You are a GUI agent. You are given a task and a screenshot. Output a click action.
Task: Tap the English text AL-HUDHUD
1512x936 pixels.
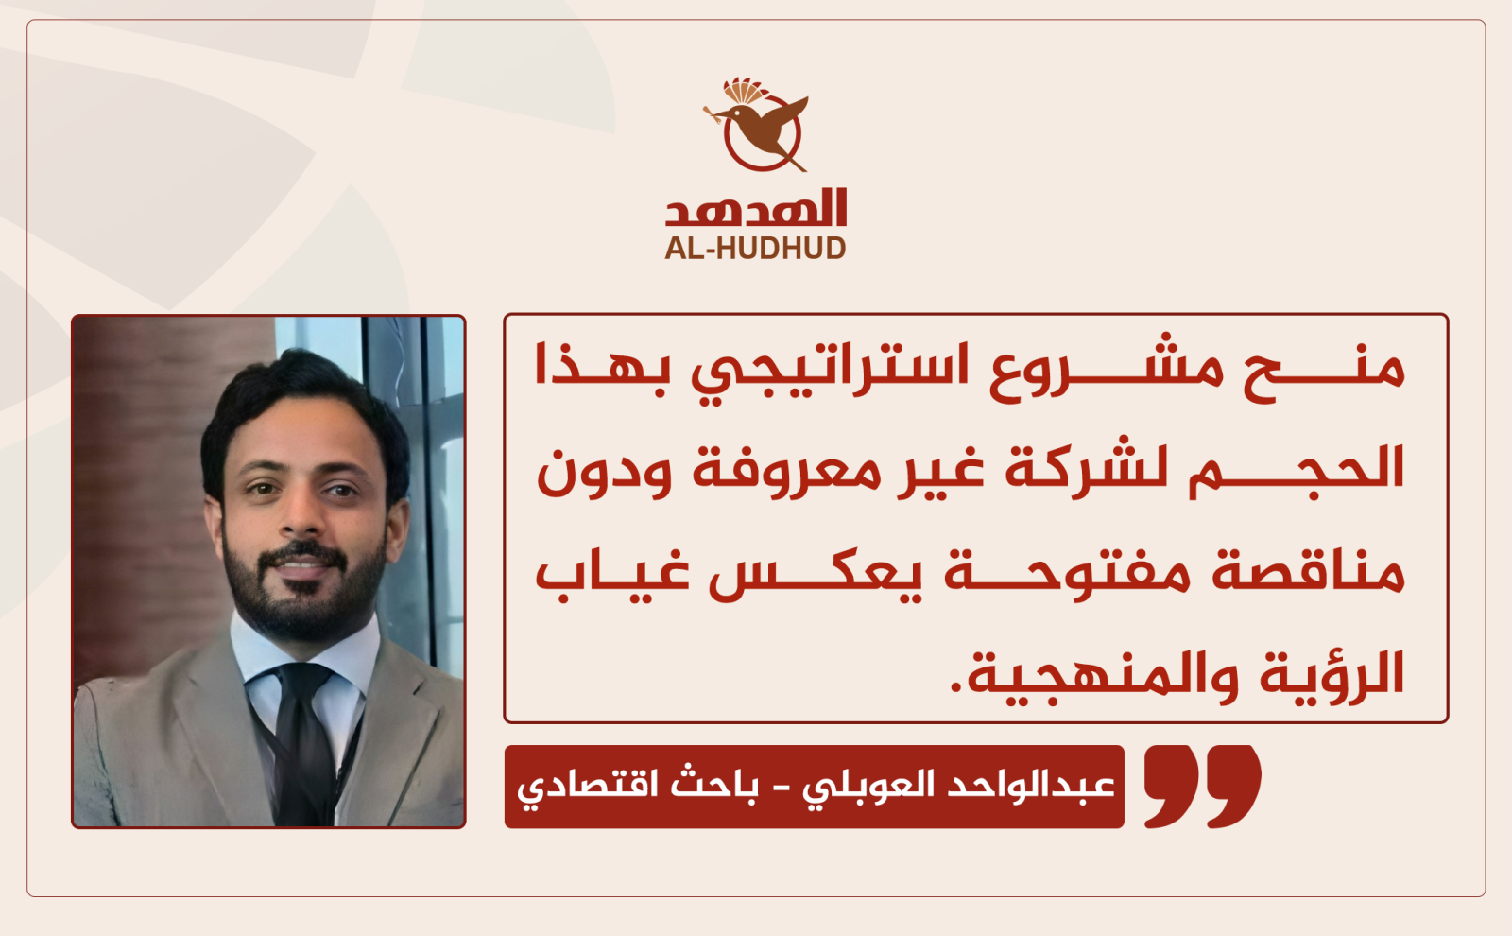755,249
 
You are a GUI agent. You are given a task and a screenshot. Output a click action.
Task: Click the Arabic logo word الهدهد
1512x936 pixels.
756,207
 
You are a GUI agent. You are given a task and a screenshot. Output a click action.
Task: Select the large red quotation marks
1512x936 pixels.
1202,786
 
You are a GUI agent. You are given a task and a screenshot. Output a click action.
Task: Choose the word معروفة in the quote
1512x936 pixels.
787,472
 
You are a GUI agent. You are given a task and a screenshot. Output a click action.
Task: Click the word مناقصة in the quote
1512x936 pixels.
1308,574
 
